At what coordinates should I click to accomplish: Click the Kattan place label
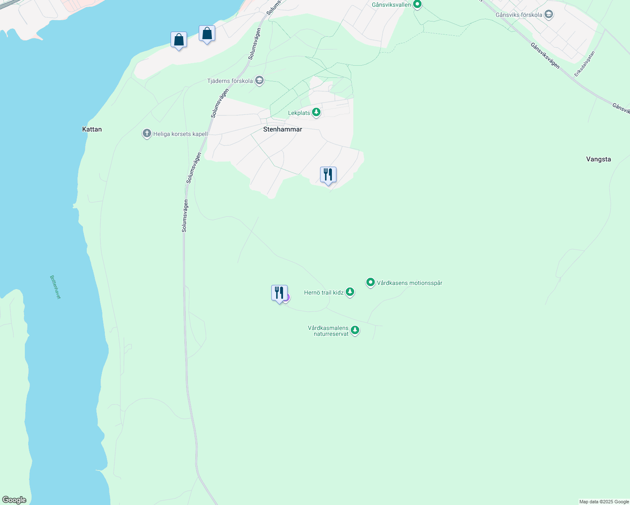pos(92,129)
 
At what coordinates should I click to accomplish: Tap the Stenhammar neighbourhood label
pos(283,129)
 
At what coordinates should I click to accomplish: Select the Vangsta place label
pos(598,159)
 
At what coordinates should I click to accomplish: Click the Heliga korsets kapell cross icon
pos(147,134)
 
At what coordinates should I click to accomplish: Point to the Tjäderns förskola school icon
pos(259,80)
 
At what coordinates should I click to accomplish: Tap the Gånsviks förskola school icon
pos(548,15)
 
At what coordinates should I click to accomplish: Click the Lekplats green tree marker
pos(316,112)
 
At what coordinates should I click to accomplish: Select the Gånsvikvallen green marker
pos(417,5)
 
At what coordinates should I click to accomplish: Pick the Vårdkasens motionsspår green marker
pos(371,282)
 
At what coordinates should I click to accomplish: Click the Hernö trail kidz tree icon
pos(350,292)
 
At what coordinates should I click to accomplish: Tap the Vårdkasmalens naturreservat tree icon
pos(355,330)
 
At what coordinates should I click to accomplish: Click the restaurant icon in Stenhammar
pos(328,175)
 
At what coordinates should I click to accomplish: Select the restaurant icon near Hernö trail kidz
pos(279,293)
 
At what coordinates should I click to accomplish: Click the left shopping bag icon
pos(179,40)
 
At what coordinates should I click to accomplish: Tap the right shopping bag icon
pos(207,34)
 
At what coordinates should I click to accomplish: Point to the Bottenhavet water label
pos(55,287)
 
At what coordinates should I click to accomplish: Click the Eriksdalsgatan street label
pos(585,64)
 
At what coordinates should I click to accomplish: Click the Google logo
pos(14,500)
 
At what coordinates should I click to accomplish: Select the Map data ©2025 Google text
pos(604,502)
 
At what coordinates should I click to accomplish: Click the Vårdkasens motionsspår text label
pos(409,283)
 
